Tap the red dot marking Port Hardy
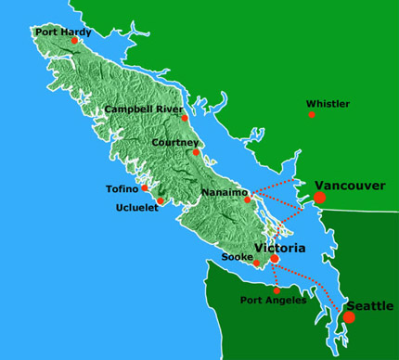coord(74,41)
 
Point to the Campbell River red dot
coord(185,118)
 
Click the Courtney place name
coord(177,142)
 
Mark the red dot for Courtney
coord(196,152)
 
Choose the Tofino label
coord(122,188)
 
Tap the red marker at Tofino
coord(145,188)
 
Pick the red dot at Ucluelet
coord(161,200)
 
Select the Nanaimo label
coord(223,193)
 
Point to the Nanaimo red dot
coord(247,199)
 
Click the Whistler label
coord(328,104)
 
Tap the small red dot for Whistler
coord(312,115)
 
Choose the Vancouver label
coord(350,186)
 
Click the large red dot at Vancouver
coord(320,198)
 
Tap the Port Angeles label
coord(272,300)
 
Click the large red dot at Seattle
coord(349,317)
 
